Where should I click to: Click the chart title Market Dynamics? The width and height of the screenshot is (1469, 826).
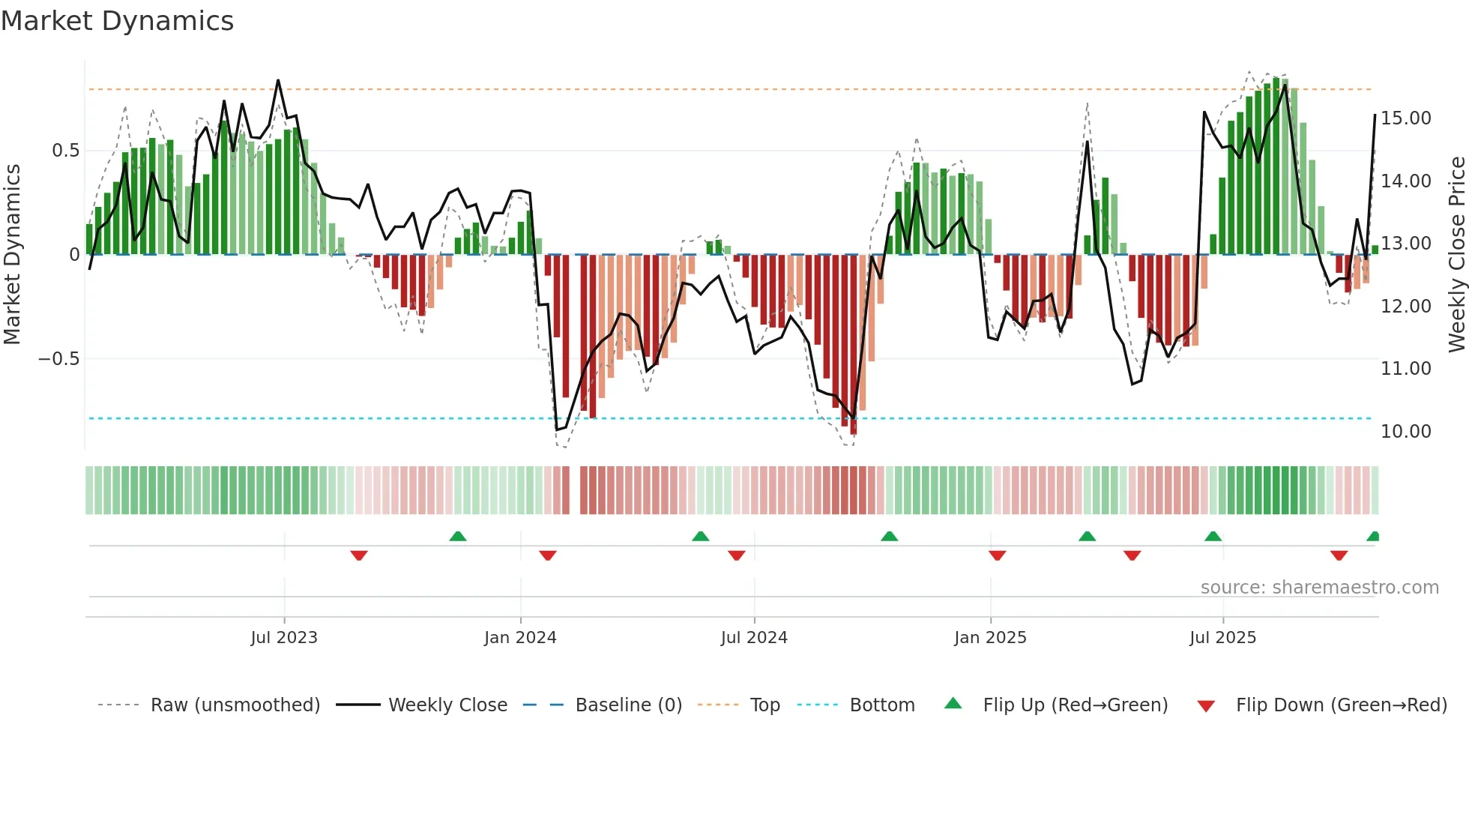click(117, 21)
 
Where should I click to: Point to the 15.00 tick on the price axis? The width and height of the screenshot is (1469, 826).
click(1405, 118)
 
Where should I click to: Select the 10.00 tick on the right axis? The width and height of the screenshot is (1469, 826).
click(1405, 432)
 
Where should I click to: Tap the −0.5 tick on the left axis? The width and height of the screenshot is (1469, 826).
click(58, 359)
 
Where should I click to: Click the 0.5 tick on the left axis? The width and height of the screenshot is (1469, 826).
click(65, 151)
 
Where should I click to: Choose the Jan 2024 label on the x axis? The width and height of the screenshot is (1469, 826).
click(520, 638)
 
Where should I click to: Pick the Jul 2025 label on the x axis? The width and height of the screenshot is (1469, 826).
click(1222, 638)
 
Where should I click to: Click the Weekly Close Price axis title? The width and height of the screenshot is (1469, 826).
click(1456, 254)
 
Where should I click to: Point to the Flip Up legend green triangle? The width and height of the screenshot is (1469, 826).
click(953, 703)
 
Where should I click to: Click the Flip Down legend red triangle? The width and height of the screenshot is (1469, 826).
click(1206, 706)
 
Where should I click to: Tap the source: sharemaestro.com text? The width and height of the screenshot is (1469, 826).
click(1319, 588)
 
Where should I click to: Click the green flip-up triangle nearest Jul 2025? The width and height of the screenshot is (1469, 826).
click(1213, 536)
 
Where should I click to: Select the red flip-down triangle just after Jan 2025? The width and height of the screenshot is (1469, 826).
click(997, 555)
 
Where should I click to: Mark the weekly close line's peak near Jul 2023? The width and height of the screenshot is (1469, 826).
click(278, 80)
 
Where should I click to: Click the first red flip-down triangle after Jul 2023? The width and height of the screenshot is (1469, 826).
click(359, 555)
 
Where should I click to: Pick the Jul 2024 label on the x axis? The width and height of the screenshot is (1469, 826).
click(754, 638)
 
